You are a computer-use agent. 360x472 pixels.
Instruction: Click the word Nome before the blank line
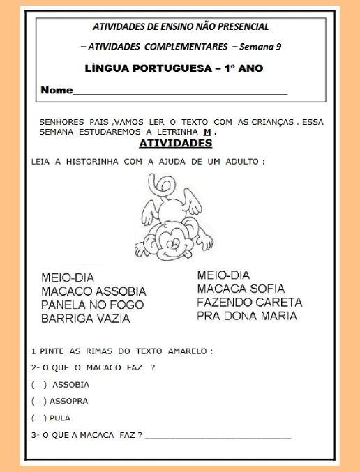(56, 91)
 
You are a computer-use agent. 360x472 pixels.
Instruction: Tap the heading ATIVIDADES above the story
(175, 144)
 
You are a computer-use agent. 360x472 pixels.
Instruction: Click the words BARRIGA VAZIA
(85, 319)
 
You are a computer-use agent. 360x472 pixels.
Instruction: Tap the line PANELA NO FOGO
(92, 305)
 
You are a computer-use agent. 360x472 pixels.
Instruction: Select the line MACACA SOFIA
(241, 289)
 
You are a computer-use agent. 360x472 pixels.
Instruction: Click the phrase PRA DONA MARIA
(246, 316)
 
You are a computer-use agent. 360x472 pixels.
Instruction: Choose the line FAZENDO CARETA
(249, 303)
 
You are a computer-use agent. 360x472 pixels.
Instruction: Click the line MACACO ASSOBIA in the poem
(93, 291)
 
